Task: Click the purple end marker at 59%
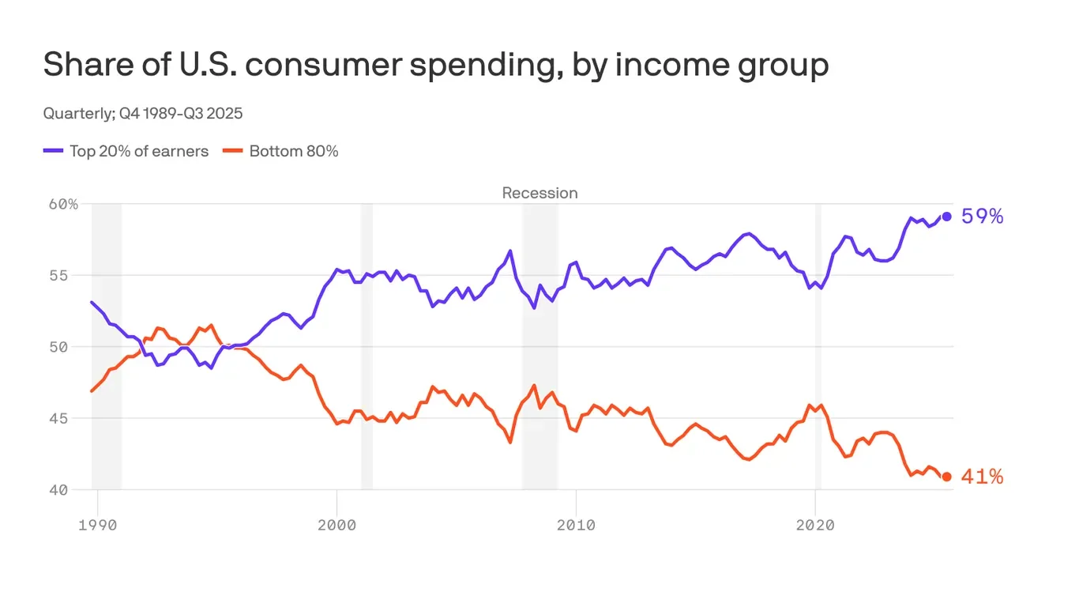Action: (x=946, y=217)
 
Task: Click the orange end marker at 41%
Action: (x=946, y=477)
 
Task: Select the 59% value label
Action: (x=982, y=217)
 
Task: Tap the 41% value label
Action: (x=982, y=477)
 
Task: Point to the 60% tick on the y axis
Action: (x=63, y=204)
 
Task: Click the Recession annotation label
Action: (x=539, y=193)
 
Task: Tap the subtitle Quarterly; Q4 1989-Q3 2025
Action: (x=143, y=113)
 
